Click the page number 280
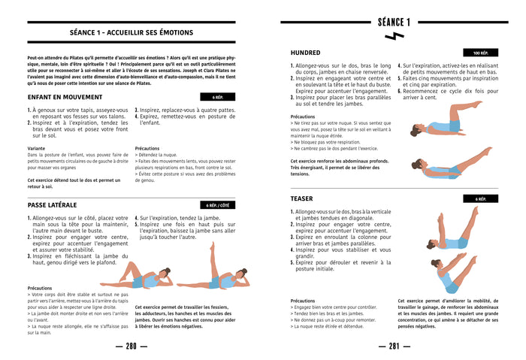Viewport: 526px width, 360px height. pos(131,346)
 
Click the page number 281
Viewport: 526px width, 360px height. pos(394,346)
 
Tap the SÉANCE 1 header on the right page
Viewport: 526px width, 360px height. pos(394,21)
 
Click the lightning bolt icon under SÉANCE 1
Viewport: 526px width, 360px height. pos(394,35)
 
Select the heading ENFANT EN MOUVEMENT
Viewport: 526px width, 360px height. pos(65,97)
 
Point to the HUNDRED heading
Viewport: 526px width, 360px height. pos(306,53)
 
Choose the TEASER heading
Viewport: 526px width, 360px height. pos(302,198)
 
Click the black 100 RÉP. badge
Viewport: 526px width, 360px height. pos(481,53)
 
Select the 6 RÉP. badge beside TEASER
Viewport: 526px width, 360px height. pos(481,199)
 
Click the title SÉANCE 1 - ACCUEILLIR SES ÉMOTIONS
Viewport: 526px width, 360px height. pos(131,32)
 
